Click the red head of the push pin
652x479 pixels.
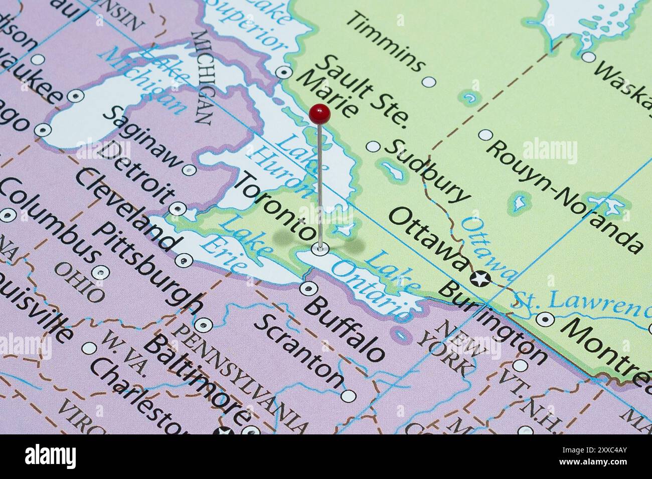[x=319, y=113]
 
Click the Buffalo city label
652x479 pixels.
[x=345, y=328]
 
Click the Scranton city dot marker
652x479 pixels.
[x=348, y=396]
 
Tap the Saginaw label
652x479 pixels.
[x=142, y=135]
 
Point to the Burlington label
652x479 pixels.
[x=494, y=323]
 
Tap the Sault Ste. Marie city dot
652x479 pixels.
[x=285, y=72]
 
